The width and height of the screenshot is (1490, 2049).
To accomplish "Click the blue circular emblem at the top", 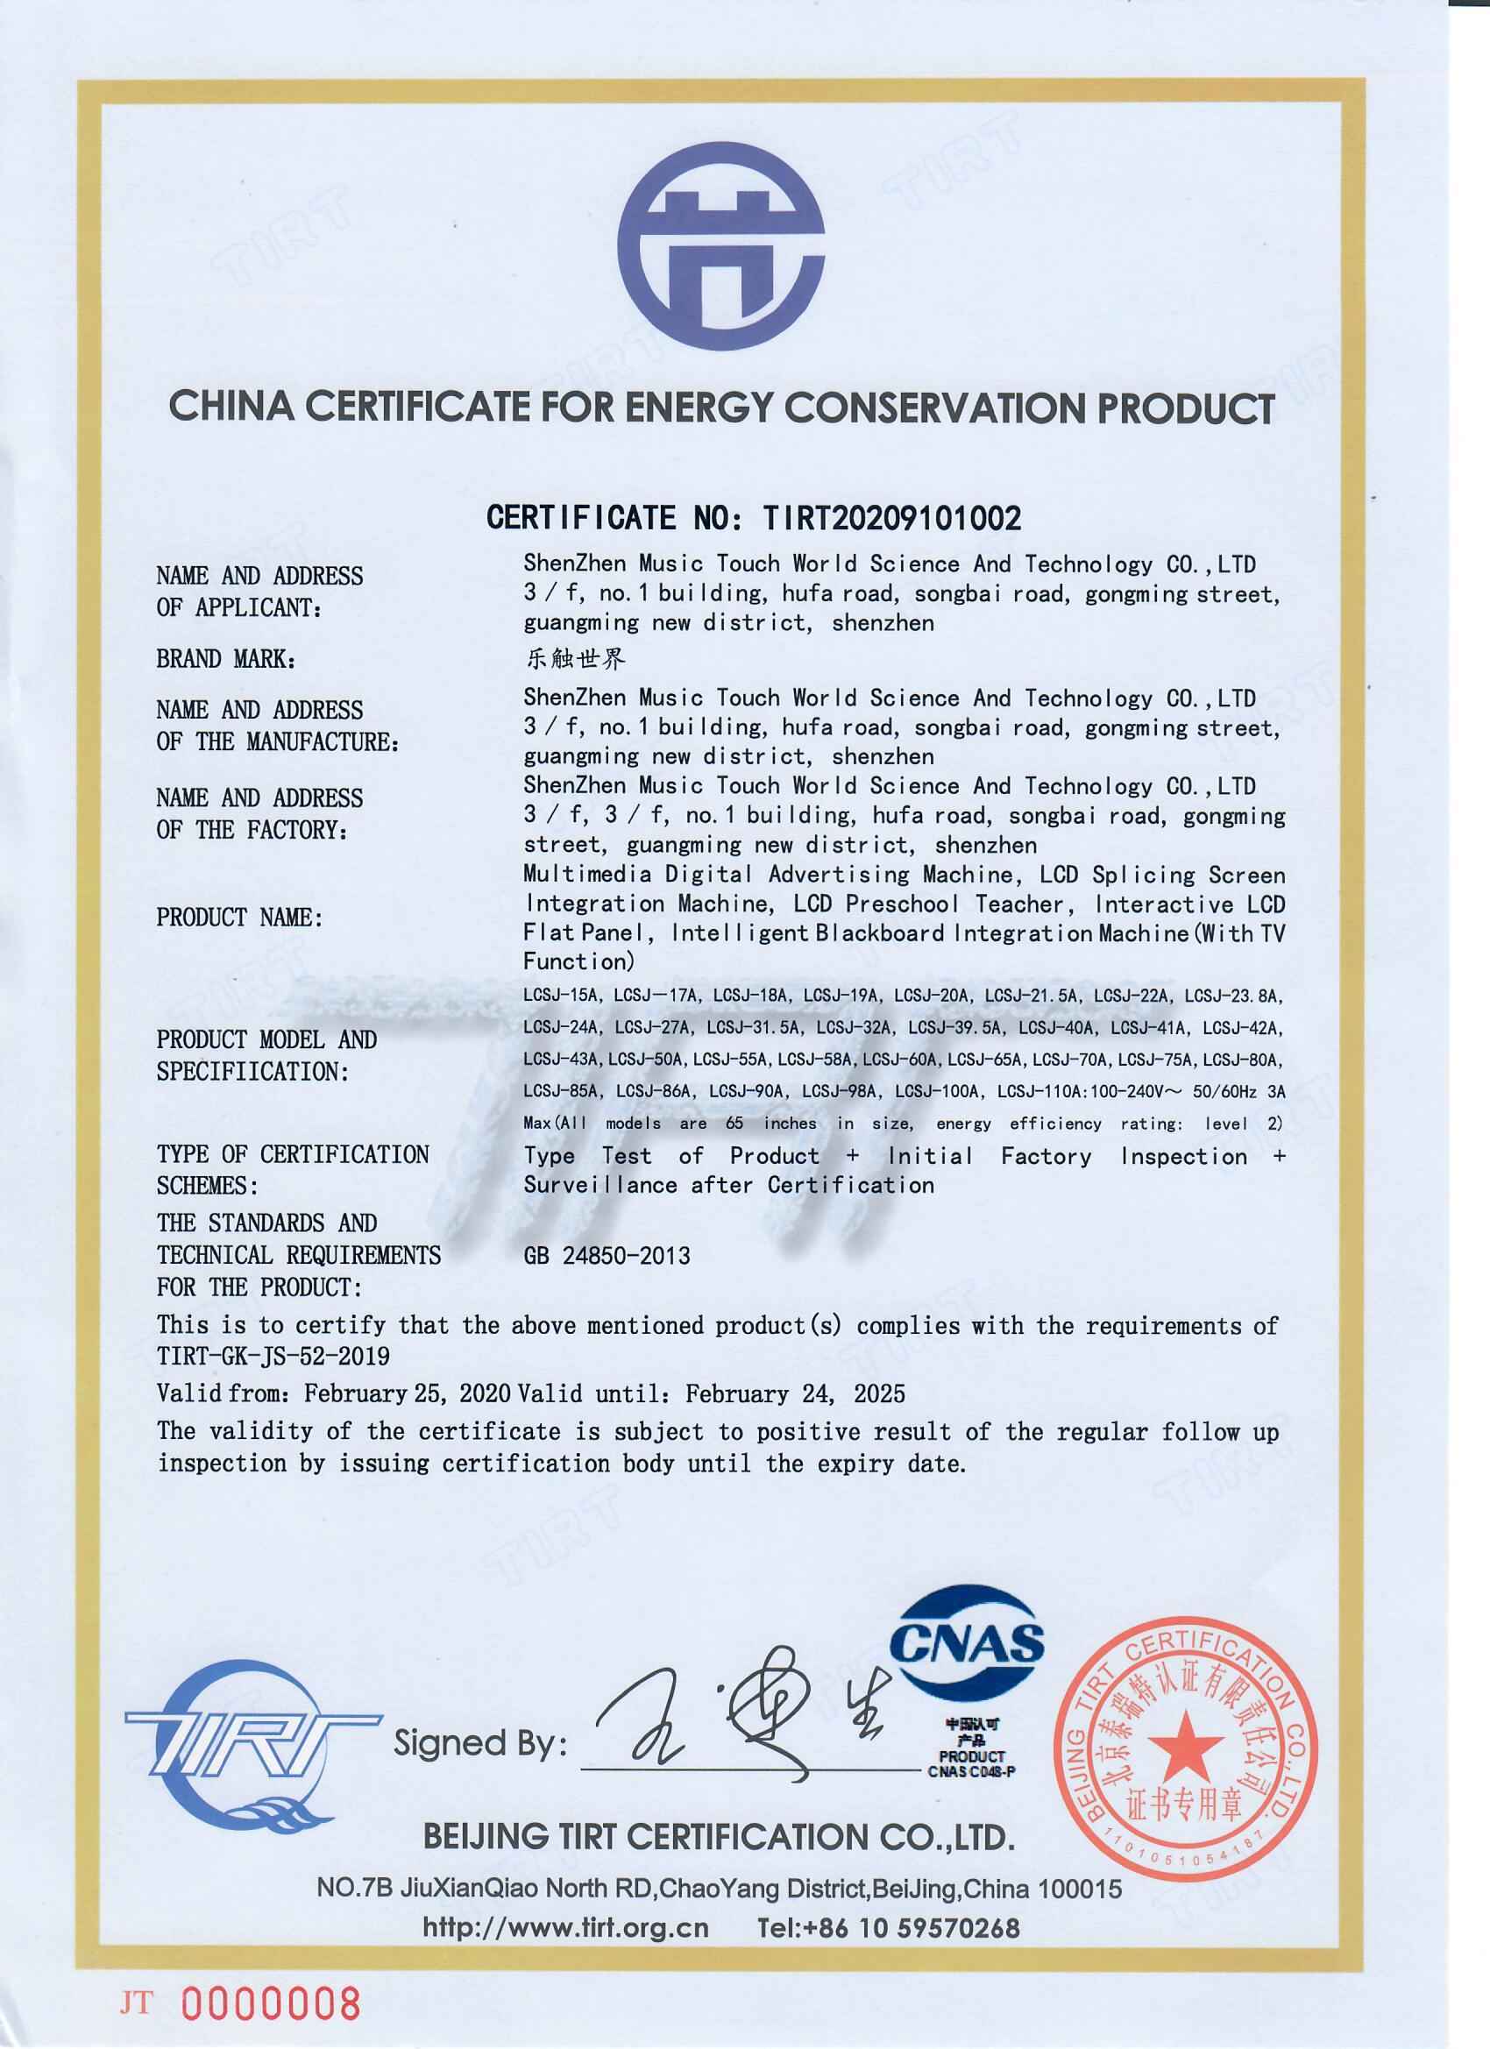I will (720, 245).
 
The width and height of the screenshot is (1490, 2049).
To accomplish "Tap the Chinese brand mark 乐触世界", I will (576, 660).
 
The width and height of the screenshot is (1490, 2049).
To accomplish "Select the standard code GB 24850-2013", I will (607, 1256).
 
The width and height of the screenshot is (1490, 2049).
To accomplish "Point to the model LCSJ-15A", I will (561, 996).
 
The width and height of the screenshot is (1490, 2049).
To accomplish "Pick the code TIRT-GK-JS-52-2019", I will (273, 1356).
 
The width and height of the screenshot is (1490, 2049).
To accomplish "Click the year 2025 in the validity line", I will (879, 1394).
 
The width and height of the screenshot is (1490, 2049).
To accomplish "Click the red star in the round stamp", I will (1185, 1747).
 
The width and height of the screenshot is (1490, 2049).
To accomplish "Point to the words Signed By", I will (479, 1743).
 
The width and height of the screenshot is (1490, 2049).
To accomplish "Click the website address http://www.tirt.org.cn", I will (564, 1929).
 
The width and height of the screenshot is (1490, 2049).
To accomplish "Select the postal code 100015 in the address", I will (1080, 1889).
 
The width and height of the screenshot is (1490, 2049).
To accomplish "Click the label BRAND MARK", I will (226, 660).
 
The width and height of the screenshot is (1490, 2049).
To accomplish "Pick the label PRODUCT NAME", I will (239, 918).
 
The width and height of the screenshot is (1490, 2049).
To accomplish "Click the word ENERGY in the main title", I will (699, 408).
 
